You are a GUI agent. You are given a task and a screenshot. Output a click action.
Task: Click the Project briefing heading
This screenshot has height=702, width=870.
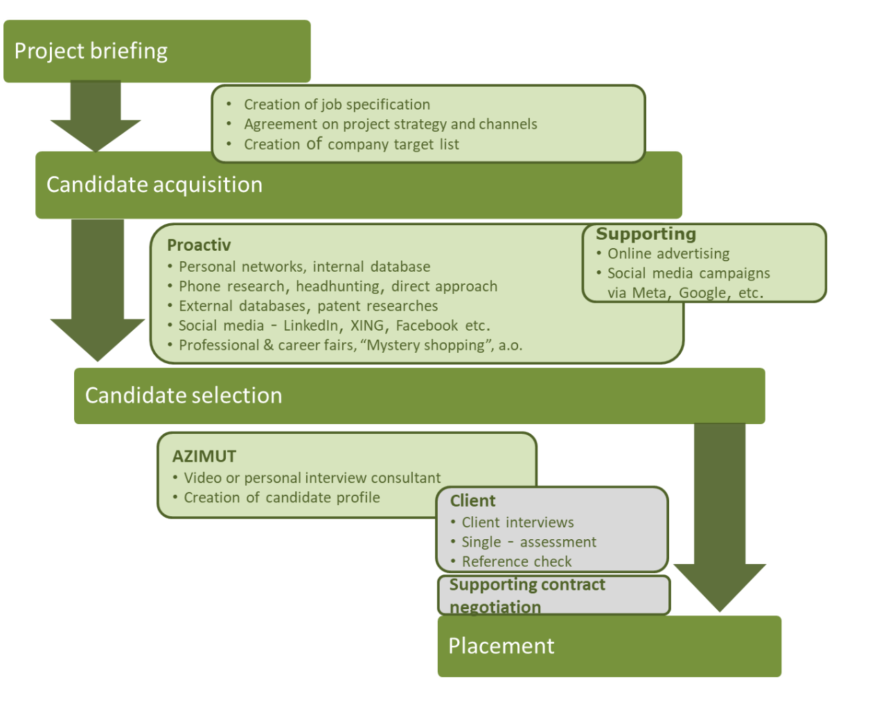coord(91,51)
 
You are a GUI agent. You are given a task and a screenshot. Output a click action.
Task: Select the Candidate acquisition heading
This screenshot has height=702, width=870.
coord(154,185)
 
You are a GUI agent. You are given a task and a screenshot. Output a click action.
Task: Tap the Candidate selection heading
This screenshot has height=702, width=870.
coord(184,396)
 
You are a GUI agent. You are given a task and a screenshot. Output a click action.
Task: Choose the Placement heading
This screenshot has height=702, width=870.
coord(501,646)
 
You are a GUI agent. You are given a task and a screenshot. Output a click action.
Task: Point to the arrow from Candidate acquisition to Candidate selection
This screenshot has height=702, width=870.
coord(98,291)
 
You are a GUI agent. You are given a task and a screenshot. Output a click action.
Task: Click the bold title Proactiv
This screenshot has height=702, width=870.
coord(199,245)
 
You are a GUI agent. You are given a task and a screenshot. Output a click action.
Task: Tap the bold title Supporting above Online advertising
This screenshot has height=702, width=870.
coord(646,234)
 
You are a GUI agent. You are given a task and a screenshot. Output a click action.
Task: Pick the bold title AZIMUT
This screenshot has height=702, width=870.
coord(204,457)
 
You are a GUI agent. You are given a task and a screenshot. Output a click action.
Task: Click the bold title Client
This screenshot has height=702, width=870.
coord(472,501)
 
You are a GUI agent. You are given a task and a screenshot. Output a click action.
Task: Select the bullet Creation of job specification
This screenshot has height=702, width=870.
coord(337,105)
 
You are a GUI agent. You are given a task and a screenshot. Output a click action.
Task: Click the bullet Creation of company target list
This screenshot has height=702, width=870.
coord(351,144)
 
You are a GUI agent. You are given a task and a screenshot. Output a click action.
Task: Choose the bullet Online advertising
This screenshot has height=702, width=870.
coord(668,254)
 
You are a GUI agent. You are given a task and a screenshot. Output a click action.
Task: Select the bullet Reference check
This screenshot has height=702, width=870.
coord(517,561)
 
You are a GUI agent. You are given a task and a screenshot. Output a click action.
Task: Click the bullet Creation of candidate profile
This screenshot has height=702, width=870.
coord(282,498)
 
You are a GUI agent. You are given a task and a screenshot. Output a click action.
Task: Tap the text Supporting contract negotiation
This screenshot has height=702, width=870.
coord(527,595)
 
